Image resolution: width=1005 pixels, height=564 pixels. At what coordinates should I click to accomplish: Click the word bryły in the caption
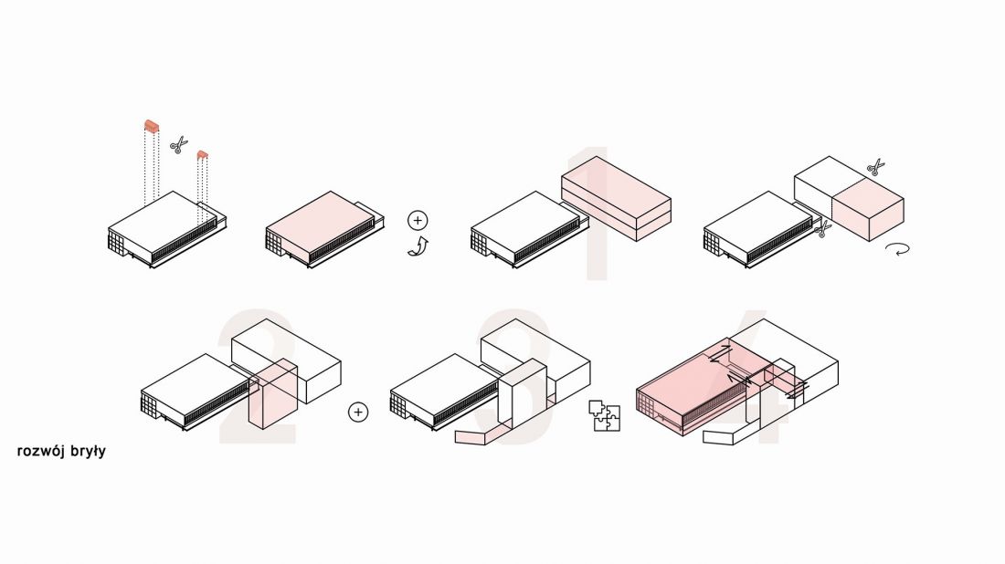[x=89, y=452]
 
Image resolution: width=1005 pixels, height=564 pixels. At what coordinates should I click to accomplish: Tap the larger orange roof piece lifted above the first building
[x=152, y=126]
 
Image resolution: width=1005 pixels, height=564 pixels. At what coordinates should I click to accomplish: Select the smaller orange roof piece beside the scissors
[x=203, y=155]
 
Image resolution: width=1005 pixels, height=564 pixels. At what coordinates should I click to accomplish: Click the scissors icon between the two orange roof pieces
[x=179, y=145]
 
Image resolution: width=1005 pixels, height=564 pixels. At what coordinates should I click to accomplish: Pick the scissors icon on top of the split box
[x=875, y=167]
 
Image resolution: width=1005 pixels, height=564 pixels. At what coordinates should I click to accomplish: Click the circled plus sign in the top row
[x=418, y=220]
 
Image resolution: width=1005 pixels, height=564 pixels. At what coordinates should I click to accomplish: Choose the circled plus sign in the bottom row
[x=358, y=412]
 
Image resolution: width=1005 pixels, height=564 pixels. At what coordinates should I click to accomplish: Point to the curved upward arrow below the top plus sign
[x=418, y=246]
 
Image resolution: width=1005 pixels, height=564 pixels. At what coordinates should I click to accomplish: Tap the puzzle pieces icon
[x=605, y=415]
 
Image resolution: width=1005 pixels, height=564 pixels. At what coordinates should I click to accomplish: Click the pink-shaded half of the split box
[x=869, y=209]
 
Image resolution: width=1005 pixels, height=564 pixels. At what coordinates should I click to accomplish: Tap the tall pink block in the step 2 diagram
[x=273, y=393]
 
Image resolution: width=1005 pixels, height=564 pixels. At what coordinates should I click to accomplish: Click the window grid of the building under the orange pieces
[x=116, y=242]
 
